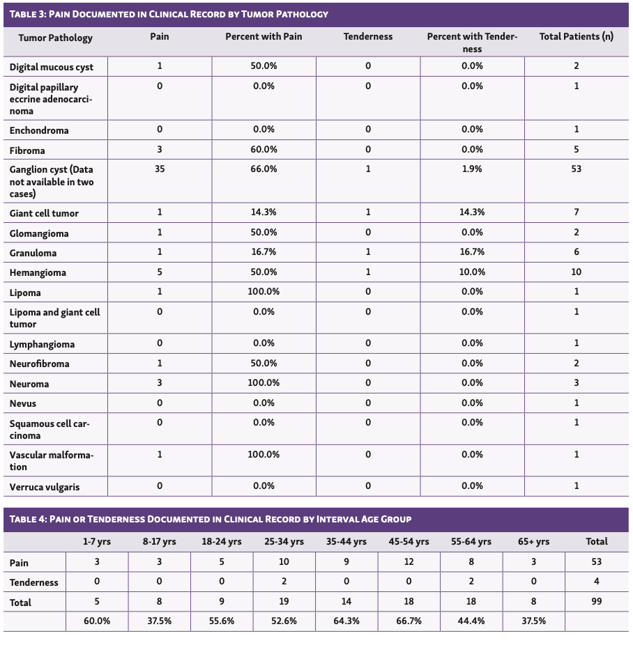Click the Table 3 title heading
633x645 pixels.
169,14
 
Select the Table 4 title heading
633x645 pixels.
210,519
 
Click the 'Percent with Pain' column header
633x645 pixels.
264,37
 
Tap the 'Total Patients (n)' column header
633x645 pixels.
576,37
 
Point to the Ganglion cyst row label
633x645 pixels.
52,181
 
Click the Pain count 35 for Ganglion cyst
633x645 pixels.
160,169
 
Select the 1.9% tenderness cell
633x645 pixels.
472,169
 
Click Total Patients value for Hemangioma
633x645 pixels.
576,272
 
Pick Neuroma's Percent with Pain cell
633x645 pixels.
264,383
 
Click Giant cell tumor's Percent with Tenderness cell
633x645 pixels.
472,212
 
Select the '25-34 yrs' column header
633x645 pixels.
284,541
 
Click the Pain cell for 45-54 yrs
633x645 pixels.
409,561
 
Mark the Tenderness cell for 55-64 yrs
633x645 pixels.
471,582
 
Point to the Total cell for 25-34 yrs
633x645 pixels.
284,602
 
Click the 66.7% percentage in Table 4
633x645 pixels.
409,621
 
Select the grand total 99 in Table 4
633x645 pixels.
596,602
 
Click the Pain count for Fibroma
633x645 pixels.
160,150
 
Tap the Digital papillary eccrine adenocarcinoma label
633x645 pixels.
50,99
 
